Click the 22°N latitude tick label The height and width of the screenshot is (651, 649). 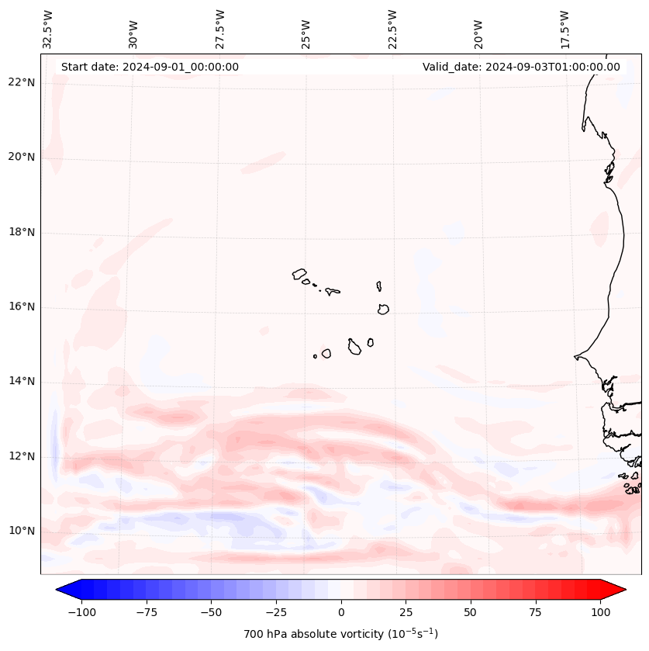(22, 82)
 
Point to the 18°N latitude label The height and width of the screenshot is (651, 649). (22, 232)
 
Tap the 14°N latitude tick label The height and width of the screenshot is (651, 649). (22, 381)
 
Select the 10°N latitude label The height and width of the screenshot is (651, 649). (22, 531)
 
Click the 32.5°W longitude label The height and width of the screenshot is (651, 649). (48, 29)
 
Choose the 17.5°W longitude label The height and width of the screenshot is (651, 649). (564, 29)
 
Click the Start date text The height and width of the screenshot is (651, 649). (150, 67)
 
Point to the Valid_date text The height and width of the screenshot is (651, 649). (521, 67)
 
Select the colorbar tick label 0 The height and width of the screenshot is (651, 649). (341, 612)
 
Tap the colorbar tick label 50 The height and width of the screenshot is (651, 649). (471, 612)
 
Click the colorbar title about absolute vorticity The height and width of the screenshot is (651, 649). (340, 634)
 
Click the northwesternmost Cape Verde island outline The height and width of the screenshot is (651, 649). (299, 273)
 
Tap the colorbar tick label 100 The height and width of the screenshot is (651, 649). (600, 612)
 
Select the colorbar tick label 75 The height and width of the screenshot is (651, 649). (536, 612)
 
